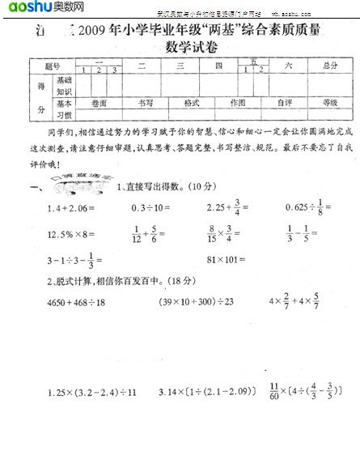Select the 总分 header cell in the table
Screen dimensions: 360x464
(329, 65)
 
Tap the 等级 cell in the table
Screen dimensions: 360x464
(329, 104)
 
